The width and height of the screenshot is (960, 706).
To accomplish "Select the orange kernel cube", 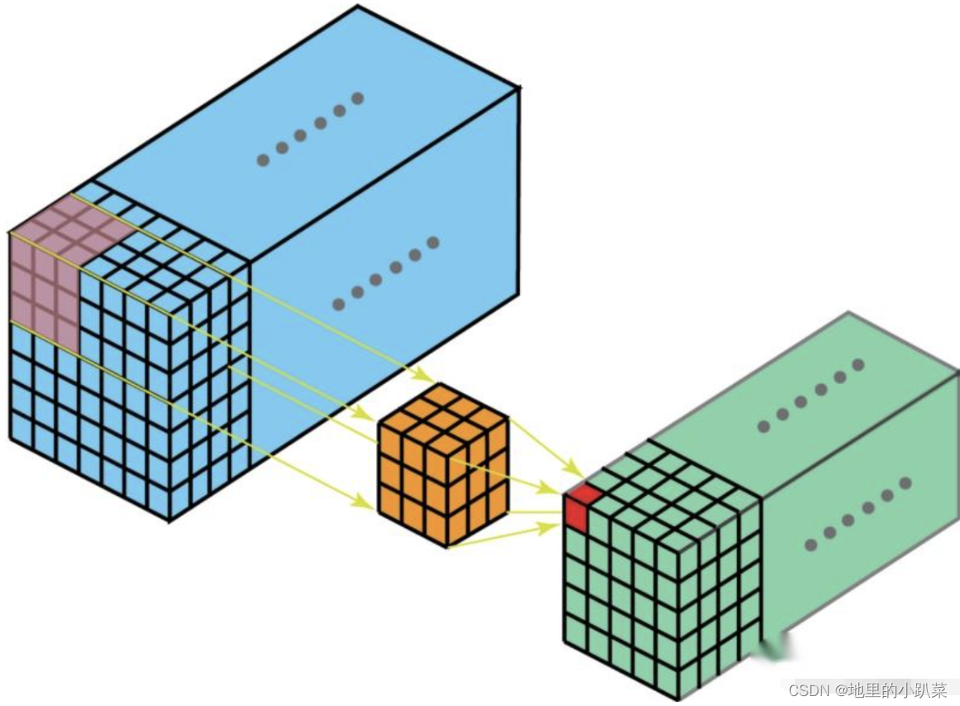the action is point(443,463).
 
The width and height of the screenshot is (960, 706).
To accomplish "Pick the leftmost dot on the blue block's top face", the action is point(263,160).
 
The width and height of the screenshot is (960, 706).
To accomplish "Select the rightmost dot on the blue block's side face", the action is point(432,243).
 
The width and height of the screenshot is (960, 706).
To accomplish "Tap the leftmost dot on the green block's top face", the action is point(764,427).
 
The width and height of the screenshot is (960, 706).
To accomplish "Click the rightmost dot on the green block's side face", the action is point(906,483).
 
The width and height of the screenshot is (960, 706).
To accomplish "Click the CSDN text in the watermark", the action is point(808,690).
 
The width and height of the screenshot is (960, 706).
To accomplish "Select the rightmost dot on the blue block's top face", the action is point(357,98).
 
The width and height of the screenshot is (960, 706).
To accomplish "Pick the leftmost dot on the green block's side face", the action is point(811,544).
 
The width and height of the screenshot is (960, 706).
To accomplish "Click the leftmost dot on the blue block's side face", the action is point(338,304).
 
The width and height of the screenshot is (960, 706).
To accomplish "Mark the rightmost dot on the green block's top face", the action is point(858,365).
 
